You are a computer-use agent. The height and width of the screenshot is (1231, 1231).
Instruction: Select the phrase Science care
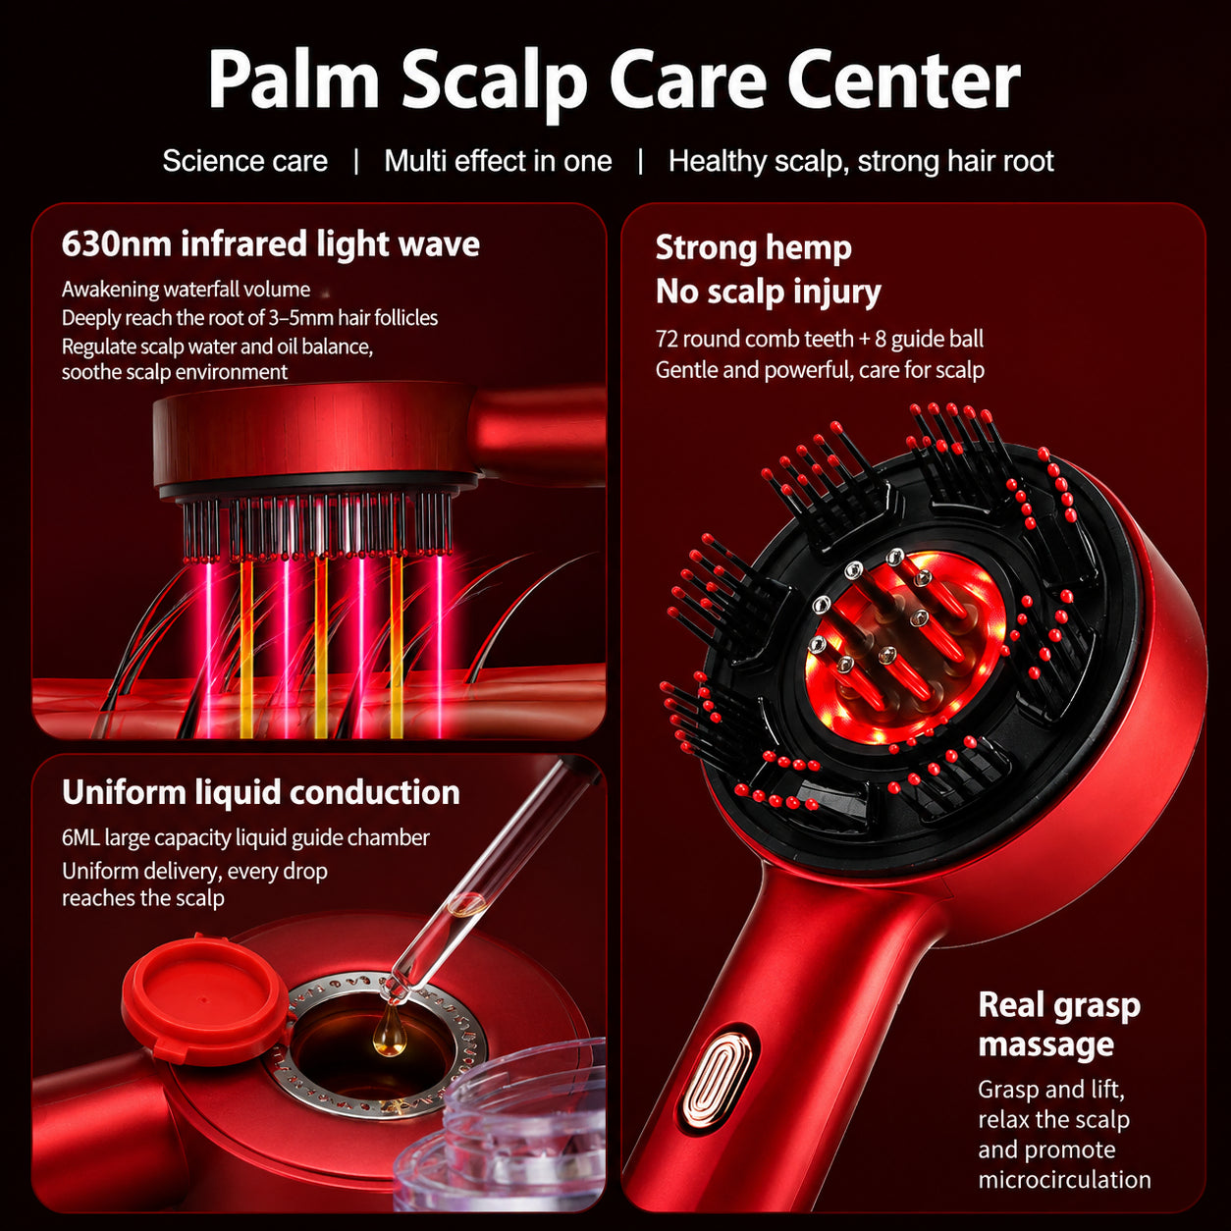pos(244,161)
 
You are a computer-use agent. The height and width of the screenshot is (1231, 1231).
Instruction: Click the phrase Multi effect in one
pos(498,161)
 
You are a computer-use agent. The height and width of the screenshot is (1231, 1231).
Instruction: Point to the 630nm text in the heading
pos(116,244)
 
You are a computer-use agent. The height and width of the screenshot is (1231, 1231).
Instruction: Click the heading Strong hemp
pos(753,248)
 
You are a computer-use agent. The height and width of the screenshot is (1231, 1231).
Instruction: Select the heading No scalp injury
pos(768,292)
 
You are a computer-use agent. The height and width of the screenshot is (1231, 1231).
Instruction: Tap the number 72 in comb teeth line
pos(667,339)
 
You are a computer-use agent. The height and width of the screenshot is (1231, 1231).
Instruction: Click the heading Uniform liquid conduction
pos(261,793)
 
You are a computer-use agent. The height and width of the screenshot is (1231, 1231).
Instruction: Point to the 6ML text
pos(80,837)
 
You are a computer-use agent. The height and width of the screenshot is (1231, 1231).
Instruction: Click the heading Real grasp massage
pos(1059,1025)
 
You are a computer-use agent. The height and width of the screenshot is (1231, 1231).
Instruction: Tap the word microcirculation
pos(1064,1179)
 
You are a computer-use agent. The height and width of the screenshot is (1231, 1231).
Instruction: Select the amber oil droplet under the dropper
pos(390,1030)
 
